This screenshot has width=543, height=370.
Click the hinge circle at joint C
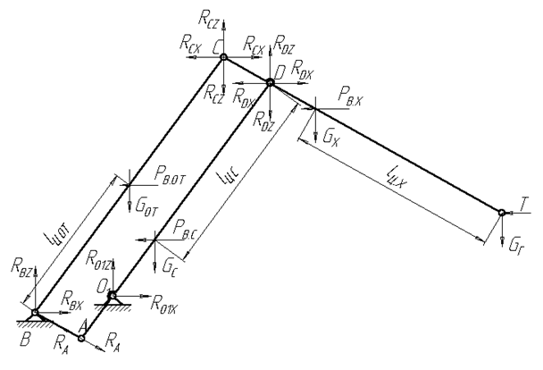224,59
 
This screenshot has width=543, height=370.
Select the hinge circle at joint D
271,82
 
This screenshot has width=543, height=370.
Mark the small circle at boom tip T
502,213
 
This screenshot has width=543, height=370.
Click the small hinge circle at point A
82,337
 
